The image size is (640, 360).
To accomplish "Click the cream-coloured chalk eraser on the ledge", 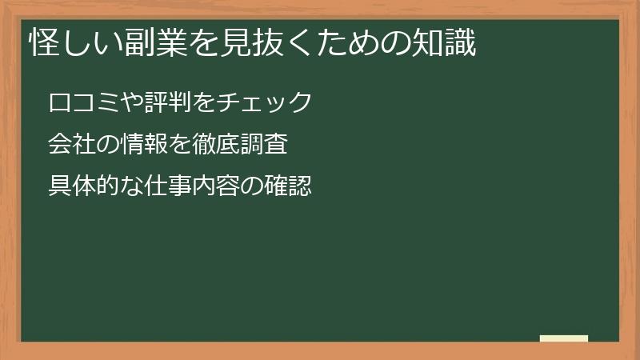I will (564, 338).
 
